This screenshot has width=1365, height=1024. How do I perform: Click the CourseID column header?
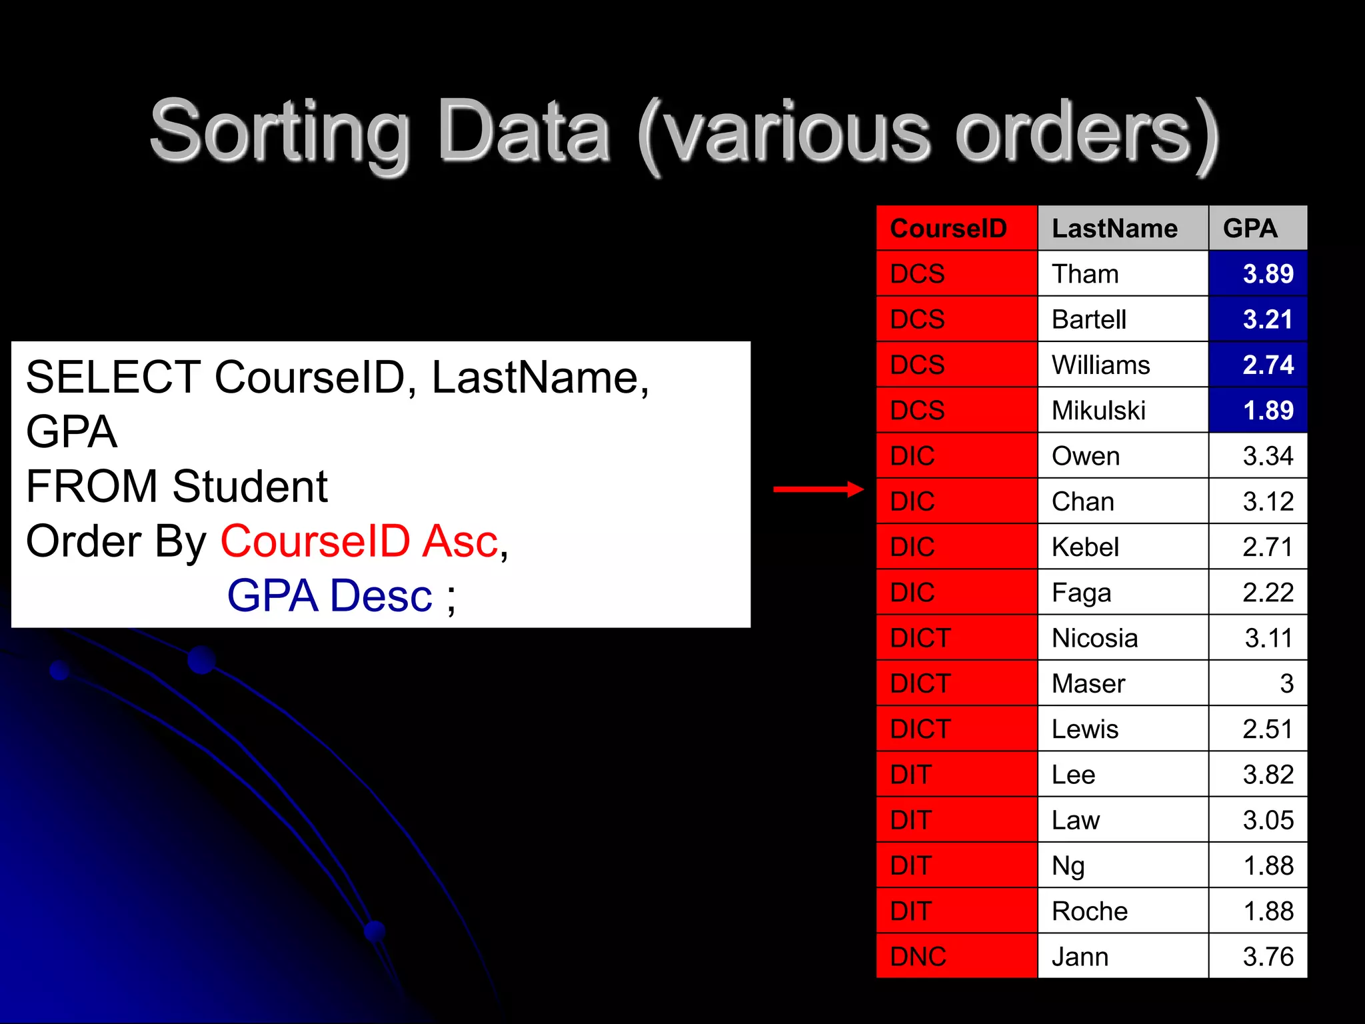948,229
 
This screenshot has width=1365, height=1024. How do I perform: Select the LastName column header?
1114,229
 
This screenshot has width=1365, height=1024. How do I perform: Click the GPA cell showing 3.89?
1268,274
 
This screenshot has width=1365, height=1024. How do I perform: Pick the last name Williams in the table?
1100,365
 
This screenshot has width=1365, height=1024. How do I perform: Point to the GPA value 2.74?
1268,365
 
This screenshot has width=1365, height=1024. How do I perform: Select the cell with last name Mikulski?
1098,411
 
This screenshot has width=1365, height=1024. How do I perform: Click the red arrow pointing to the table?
818,489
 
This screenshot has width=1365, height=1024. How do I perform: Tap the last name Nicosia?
1094,639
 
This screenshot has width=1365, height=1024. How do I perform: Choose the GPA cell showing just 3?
1286,684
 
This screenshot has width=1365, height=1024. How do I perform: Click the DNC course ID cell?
918,957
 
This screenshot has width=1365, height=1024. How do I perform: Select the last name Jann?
1080,957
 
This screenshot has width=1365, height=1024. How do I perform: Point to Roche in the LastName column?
1089,911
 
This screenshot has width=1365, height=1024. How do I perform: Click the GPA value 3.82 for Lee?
1268,775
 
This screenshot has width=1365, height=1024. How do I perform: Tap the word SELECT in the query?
113,377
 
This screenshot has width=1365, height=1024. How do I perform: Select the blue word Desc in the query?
381,595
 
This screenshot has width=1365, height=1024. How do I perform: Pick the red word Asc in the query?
460,541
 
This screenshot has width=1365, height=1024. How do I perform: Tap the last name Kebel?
1085,547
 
